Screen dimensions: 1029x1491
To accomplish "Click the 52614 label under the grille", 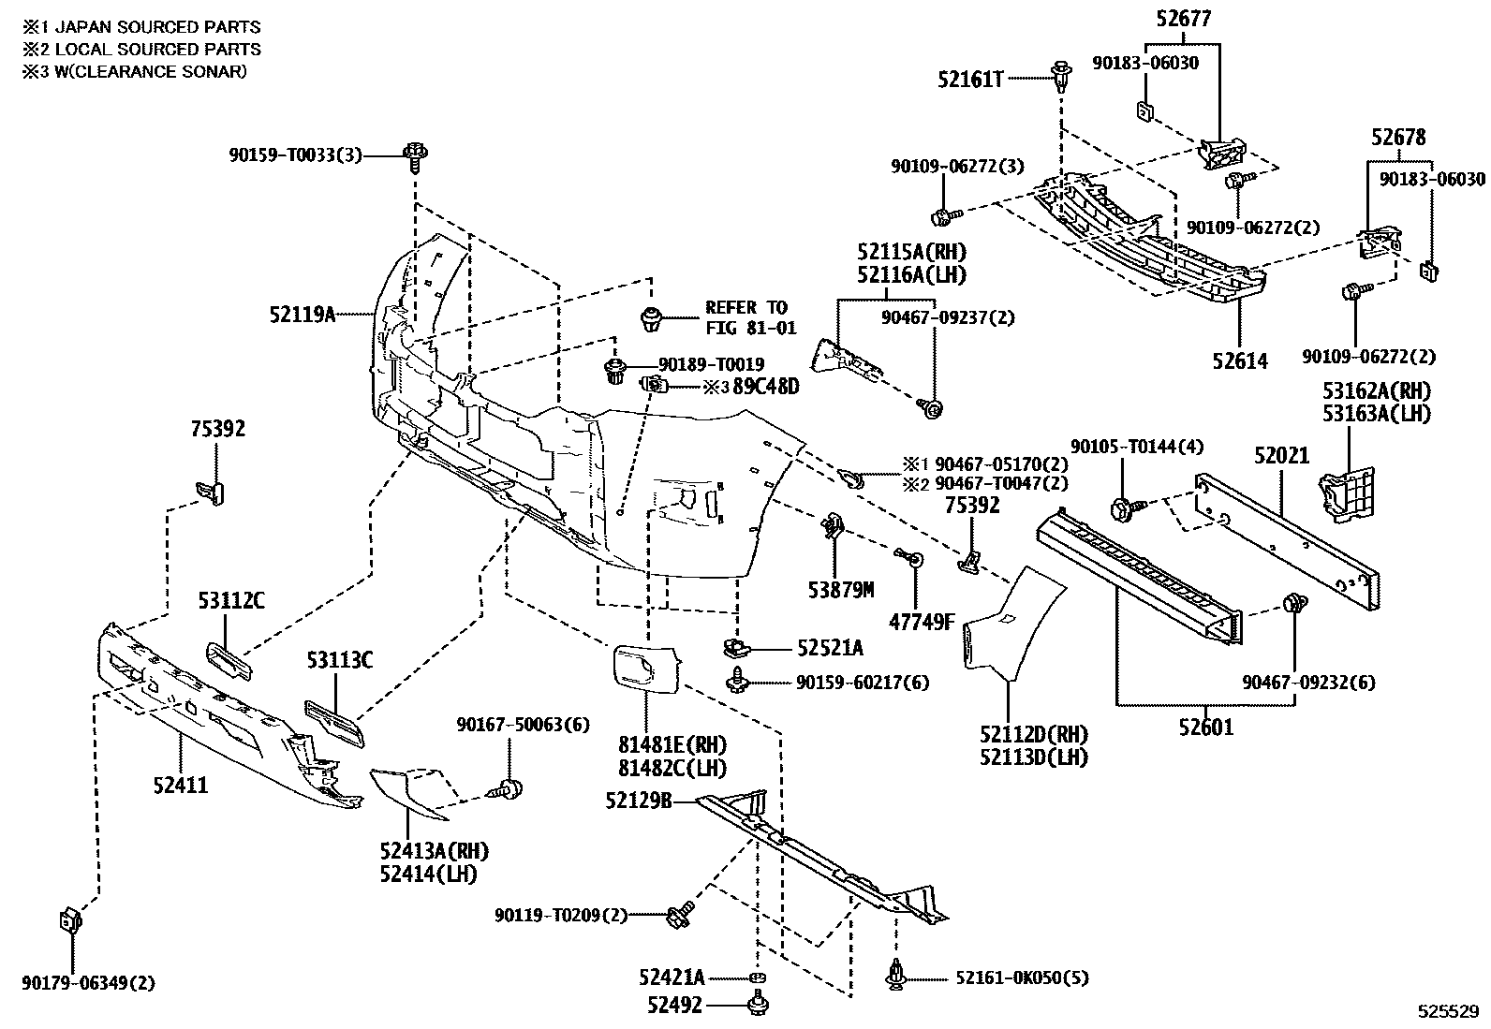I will click(1239, 361).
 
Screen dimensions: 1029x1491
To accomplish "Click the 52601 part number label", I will click(1205, 727).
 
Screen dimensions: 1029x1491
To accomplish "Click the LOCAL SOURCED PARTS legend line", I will click(142, 50).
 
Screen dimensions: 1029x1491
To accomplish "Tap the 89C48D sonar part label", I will click(765, 386).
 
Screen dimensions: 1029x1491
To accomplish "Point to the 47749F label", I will click(923, 620).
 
